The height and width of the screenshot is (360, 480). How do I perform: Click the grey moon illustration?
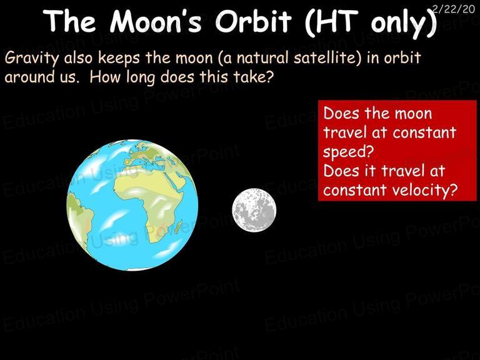[x=254, y=210]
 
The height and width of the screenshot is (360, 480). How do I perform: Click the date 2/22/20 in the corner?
[x=454, y=9]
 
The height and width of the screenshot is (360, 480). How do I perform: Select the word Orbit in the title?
[x=253, y=21]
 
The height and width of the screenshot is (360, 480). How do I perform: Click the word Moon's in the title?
[x=156, y=21]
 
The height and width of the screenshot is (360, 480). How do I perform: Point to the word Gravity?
[x=31, y=58]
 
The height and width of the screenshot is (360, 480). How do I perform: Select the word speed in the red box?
[x=349, y=152]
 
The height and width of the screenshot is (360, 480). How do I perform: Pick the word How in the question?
[x=104, y=76]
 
